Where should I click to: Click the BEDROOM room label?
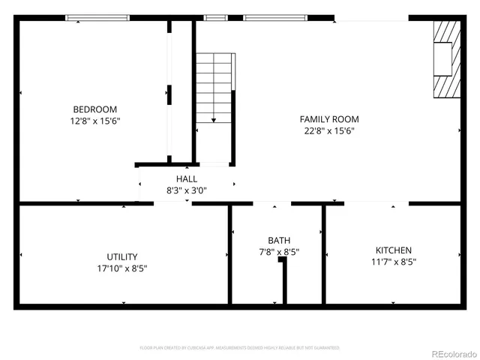pos(94,109)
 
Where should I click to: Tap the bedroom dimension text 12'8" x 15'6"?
pos(94,120)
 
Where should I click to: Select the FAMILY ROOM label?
pos(329,119)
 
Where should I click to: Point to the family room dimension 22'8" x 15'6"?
pos(329,130)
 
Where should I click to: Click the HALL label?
pos(187,179)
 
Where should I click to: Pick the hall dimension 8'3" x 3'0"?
pos(187,190)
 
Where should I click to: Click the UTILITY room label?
pos(122,256)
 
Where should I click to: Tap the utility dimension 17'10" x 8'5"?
pos(122,268)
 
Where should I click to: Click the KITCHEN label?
pos(394,250)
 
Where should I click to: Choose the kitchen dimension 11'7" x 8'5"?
pos(394,262)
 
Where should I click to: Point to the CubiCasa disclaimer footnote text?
pos(240,348)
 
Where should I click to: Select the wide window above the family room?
pos(275,18)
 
